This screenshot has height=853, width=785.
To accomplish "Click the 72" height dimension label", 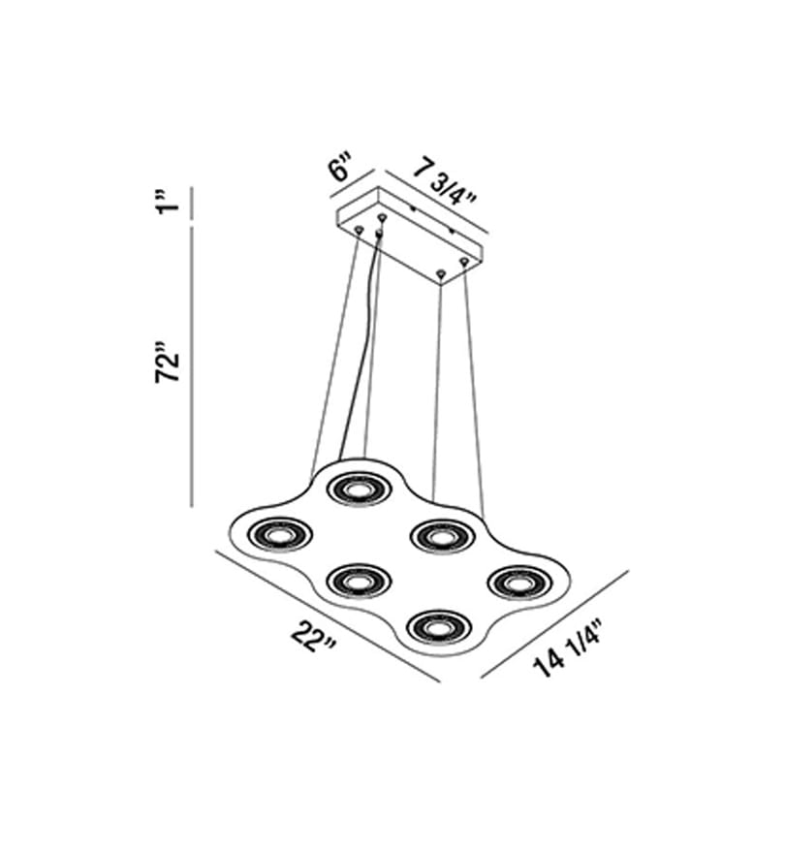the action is [168, 363].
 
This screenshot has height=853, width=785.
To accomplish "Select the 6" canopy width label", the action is [340, 167].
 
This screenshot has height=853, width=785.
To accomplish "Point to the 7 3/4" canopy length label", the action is [445, 184].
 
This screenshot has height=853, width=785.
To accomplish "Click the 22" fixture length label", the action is [313, 637].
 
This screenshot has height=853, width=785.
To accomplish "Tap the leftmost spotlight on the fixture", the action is [280, 535].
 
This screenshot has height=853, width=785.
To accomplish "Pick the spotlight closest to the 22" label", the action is [359, 582].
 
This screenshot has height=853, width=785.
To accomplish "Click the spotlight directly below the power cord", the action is [359, 489].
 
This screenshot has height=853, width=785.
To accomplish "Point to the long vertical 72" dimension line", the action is [192, 366].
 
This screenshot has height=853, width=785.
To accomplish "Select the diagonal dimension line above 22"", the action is [328, 616].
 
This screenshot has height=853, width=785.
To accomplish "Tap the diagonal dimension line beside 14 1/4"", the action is [554, 624].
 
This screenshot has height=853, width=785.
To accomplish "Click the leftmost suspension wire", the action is [334, 354].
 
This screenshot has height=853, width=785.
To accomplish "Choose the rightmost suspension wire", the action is [474, 389].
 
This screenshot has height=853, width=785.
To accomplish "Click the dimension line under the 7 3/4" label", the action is [436, 204].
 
